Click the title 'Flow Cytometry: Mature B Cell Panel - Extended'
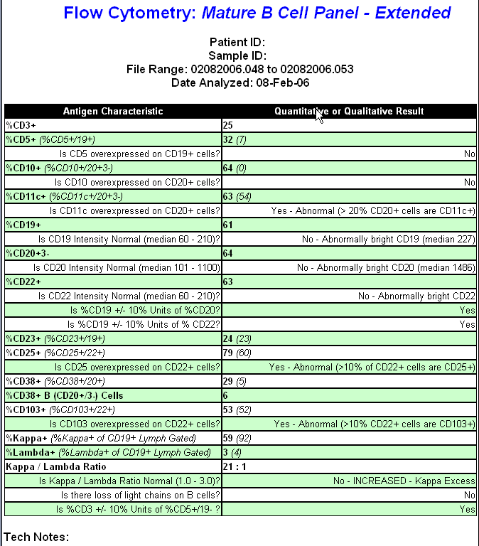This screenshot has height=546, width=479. coord(257,13)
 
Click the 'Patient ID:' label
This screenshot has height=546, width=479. coord(237,43)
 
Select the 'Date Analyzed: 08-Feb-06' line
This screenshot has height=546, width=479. coord(239,83)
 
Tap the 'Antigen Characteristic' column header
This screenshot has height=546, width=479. coord(113,111)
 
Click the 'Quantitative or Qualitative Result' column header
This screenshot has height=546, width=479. coord(349,111)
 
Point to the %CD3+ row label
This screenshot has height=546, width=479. coord(21,125)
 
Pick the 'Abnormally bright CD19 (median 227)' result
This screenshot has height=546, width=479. coord(388,239)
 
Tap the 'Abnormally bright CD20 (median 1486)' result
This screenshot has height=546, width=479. coord(386,267)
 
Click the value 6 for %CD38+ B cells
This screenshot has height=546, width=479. coord(226,395)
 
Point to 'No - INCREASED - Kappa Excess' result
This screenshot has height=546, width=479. coord(404,481)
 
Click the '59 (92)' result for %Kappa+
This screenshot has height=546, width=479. coord(237,438)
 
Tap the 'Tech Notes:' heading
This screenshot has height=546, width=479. coord(36,537)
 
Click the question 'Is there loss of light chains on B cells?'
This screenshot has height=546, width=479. coord(140,495)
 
